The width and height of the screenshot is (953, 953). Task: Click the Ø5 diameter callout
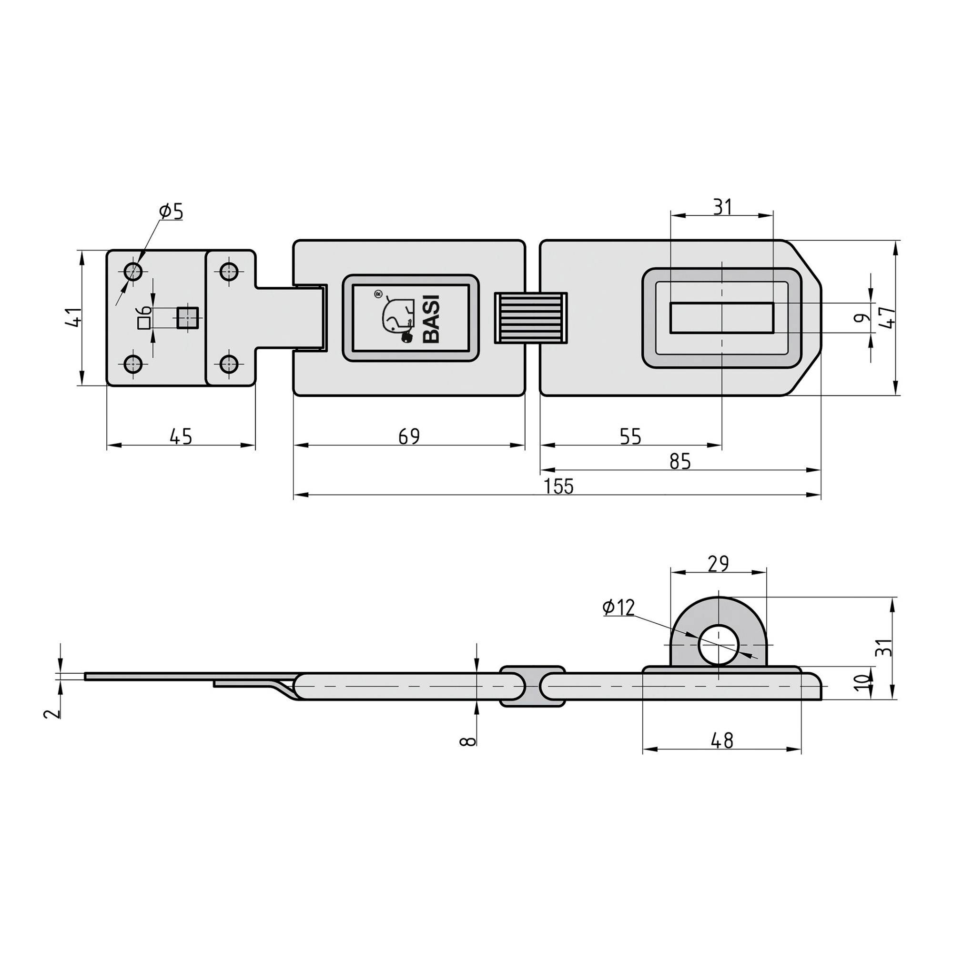point(171,212)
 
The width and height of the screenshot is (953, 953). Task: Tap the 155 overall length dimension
point(559,487)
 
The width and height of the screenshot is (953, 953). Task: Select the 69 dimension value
point(409,436)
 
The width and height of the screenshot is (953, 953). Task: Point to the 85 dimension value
point(680,462)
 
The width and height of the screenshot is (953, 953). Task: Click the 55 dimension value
point(630,436)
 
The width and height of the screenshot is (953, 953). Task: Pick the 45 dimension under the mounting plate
point(181,436)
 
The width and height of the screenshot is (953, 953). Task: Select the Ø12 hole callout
point(618,608)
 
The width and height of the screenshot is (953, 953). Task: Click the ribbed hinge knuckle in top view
point(531,318)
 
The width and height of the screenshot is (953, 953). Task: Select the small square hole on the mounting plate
point(187,317)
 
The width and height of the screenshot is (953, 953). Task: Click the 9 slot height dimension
point(861,318)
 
